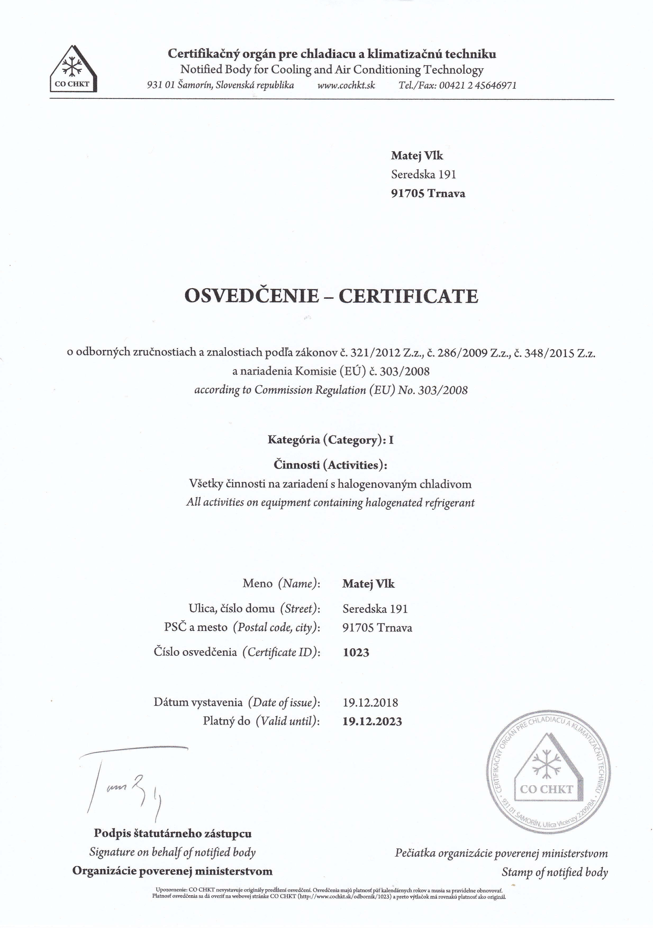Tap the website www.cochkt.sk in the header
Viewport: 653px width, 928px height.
click(x=346, y=85)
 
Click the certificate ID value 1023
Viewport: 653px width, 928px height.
click(x=356, y=653)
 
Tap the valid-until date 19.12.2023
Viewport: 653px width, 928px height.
click(x=372, y=721)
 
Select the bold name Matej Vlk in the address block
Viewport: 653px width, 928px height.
click(x=417, y=156)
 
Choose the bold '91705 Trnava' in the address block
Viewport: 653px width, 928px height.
click(x=428, y=194)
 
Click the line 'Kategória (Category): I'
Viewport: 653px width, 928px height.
click(x=330, y=440)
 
